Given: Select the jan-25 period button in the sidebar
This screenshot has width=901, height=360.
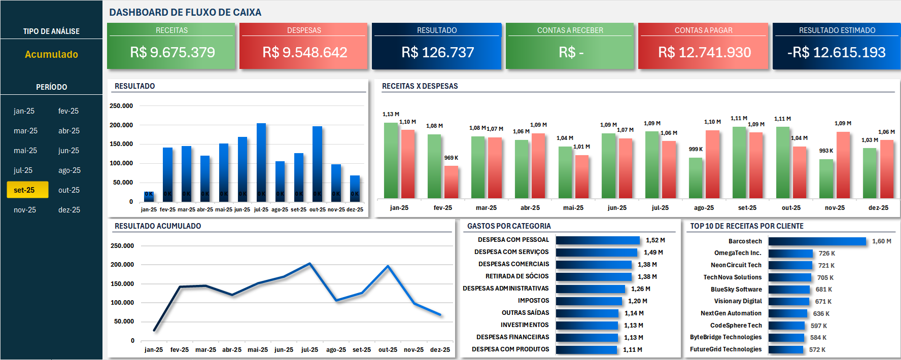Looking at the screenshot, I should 24,111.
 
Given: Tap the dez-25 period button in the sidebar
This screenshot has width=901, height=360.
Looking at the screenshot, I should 69,210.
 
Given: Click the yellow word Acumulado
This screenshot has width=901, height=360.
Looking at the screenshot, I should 51,54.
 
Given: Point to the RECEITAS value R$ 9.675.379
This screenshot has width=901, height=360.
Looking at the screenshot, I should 172,52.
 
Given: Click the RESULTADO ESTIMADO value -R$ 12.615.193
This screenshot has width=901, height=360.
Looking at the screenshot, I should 836,52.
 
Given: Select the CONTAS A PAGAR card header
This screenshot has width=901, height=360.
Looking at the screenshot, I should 703,30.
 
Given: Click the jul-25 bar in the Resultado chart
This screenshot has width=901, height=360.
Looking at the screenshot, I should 261,162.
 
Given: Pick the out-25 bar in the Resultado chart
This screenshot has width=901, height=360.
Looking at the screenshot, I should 317,163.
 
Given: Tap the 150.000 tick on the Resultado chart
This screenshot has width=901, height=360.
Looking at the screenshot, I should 121,144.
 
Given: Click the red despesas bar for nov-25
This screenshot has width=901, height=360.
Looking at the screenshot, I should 843,165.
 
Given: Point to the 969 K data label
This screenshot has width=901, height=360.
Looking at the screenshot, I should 451,158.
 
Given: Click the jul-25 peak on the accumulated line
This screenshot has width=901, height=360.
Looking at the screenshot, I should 310,264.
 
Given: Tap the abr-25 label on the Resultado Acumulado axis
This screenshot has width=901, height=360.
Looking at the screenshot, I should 232,349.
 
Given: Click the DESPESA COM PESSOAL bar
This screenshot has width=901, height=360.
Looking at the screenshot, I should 598,240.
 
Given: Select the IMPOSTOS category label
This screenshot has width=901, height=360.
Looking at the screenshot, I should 533,301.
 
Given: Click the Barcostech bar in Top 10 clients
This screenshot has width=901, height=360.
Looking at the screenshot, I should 817,241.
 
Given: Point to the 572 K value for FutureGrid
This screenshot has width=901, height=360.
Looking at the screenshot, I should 817,350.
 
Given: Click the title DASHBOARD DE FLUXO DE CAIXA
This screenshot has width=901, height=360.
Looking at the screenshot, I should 185,12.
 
